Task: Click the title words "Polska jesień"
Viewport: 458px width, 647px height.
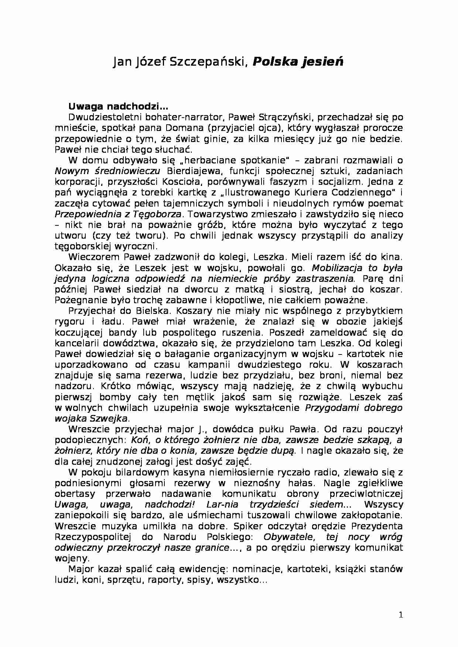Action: click(298, 62)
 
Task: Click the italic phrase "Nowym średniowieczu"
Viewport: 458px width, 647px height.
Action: click(107, 171)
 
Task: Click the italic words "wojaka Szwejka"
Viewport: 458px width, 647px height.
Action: click(92, 418)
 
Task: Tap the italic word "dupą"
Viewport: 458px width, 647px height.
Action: click(285, 450)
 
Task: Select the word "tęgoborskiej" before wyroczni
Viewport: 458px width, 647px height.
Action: click(83, 246)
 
